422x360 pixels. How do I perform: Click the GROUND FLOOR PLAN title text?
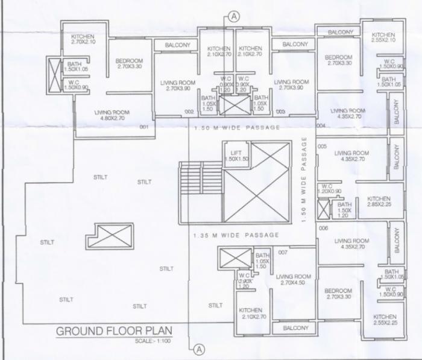point(114,330)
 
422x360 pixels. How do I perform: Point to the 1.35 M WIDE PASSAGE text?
point(235,235)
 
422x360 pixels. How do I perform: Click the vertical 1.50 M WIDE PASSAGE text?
point(306,181)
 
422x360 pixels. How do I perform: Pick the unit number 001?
point(143,127)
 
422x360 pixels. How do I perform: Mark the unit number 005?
point(322,146)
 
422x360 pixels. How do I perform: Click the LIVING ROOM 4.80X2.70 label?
point(112,115)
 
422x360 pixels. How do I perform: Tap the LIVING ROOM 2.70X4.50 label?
point(294,280)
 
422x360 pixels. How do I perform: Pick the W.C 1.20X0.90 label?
point(332,189)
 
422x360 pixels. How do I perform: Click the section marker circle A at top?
point(235,17)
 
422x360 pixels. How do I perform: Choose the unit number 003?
point(280,112)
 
